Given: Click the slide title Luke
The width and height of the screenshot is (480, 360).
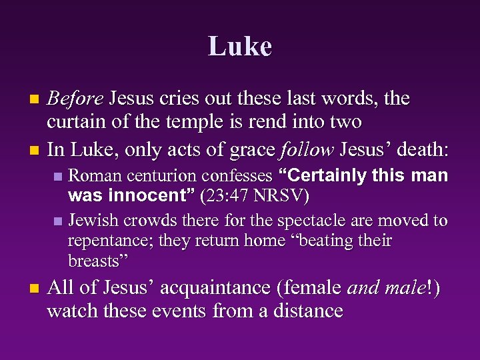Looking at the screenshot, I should (x=239, y=47).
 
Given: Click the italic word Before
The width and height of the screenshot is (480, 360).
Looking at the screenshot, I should (x=75, y=99).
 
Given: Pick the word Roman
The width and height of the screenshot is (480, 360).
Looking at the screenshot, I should (x=93, y=177).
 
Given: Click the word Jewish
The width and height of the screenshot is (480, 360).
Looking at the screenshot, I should (x=93, y=220).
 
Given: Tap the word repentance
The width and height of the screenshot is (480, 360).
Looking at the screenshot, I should (x=109, y=240).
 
